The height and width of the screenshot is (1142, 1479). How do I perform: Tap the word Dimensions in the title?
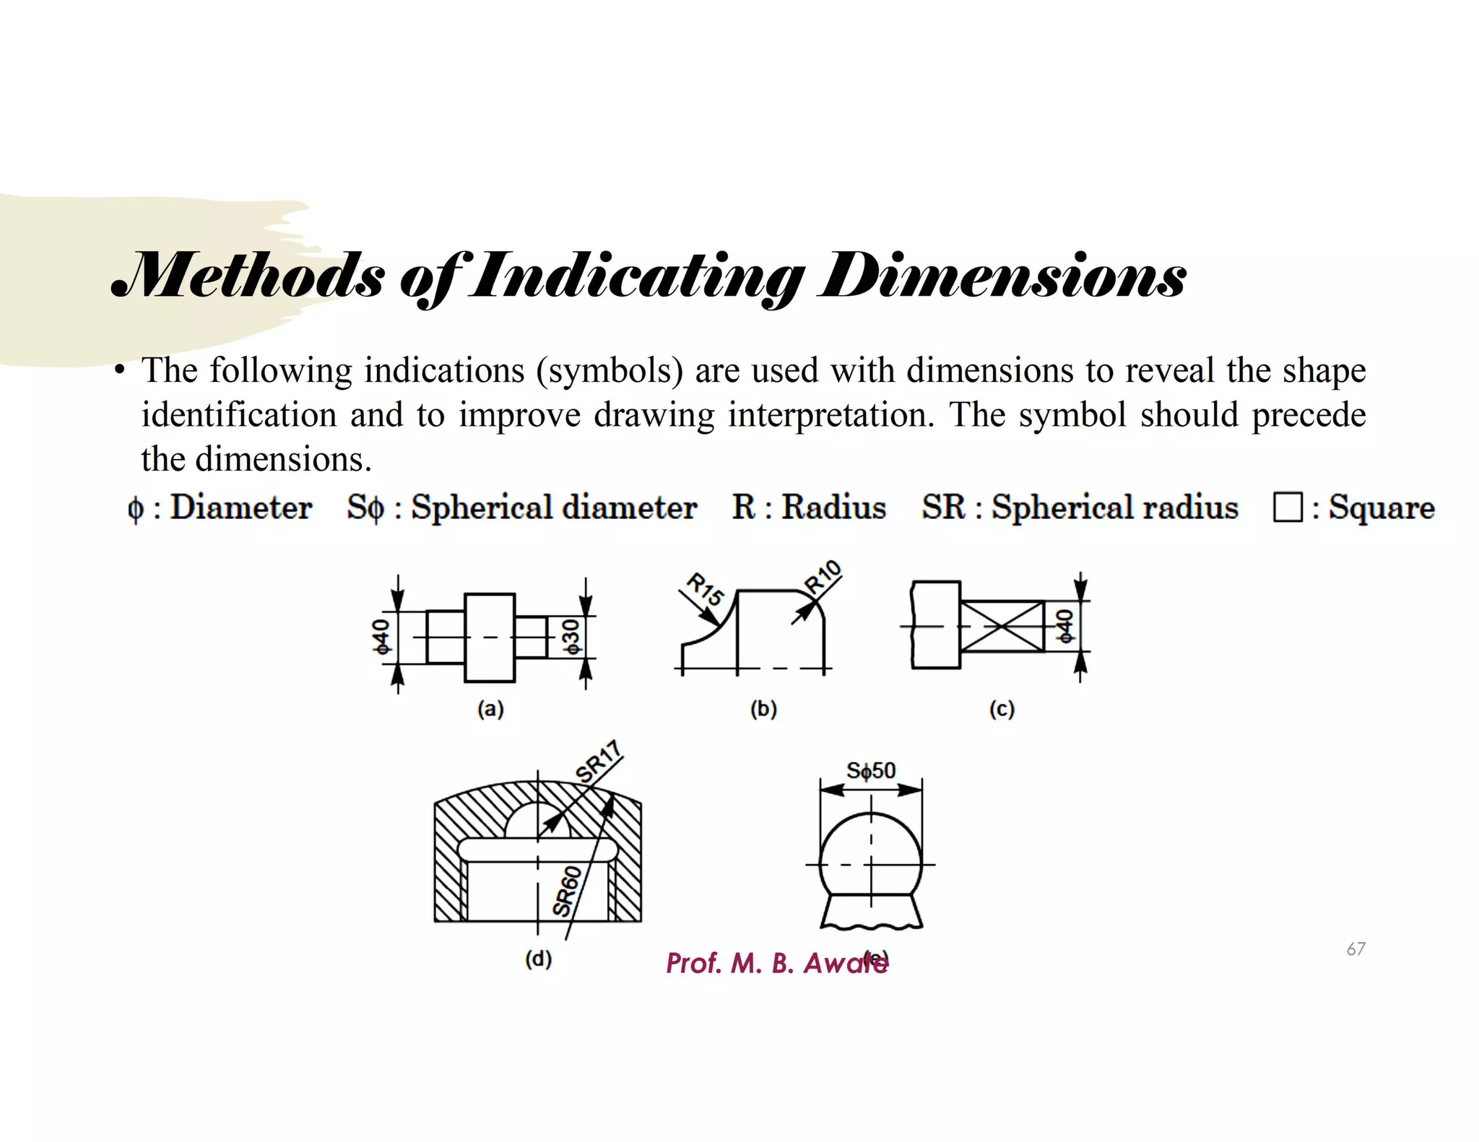1002,276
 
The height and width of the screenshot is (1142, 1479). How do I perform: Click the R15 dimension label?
704,589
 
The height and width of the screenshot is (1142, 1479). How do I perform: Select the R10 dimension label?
824,577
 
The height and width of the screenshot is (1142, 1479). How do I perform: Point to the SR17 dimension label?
599,762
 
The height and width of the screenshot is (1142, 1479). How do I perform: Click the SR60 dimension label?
567,892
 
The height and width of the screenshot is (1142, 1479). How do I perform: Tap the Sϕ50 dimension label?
871,771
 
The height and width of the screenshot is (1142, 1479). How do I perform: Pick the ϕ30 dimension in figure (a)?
571,636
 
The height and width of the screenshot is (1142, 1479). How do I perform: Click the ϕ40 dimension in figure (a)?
381,636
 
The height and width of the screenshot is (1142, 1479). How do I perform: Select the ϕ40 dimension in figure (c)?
1064,626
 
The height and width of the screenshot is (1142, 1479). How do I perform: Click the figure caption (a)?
490,709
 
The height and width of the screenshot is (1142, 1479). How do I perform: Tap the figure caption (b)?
763,709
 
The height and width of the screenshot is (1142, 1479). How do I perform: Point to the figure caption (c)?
1002,709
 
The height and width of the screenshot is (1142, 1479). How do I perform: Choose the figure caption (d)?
538,959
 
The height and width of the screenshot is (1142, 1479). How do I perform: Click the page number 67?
1356,949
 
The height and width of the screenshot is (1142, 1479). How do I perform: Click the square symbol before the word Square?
1287,507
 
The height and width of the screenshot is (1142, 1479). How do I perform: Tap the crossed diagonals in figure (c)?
1002,626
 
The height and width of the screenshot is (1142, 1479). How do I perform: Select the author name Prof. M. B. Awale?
776,964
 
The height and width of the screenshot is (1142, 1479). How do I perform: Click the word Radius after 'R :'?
833,507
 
